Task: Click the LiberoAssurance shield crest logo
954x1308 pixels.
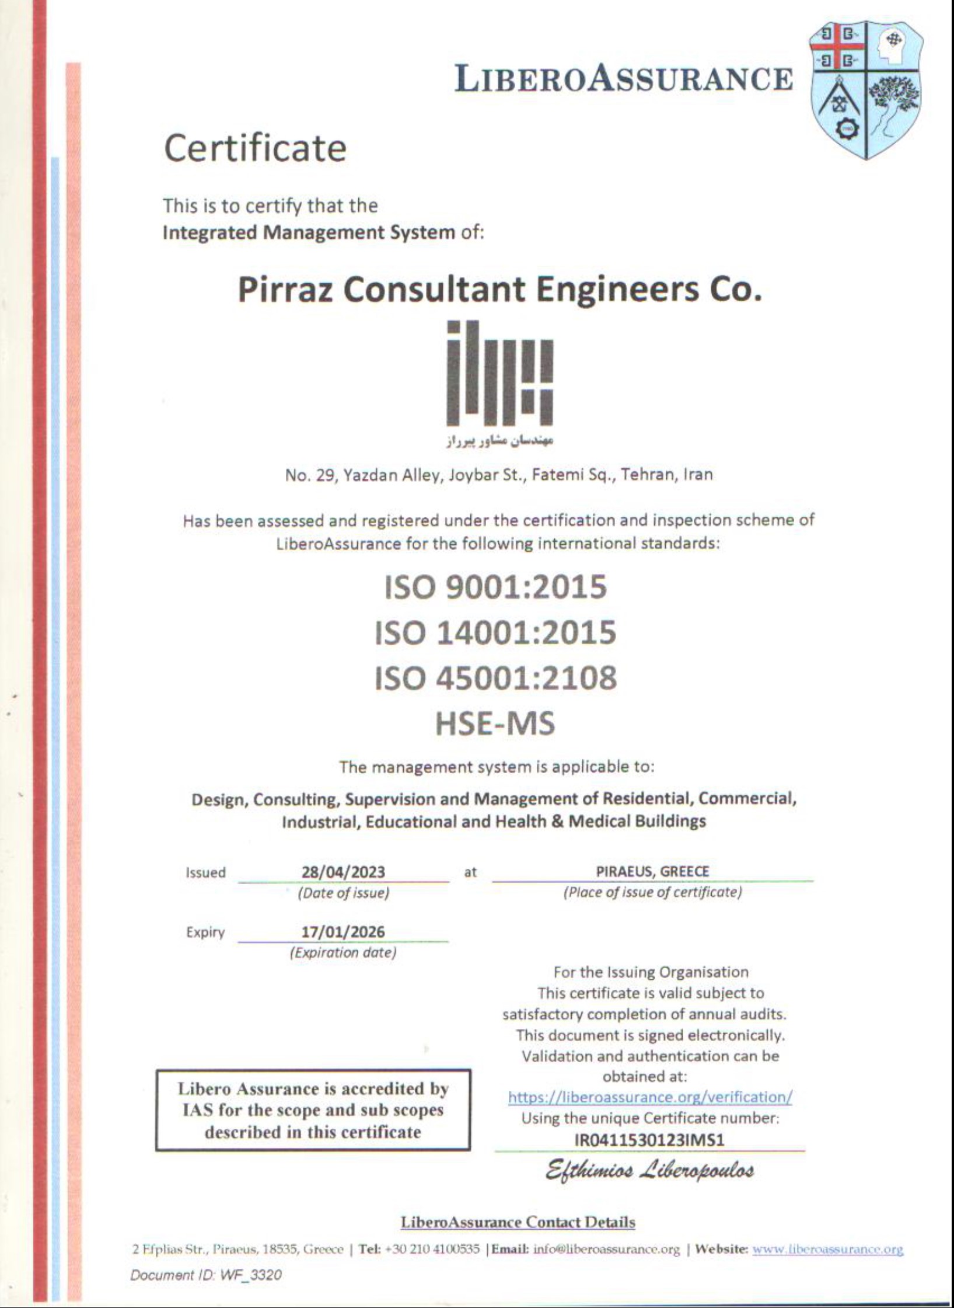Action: [x=865, y=96]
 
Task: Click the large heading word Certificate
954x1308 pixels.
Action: [x=255, y=148]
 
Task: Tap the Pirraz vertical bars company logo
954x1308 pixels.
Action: [x=499, y=373]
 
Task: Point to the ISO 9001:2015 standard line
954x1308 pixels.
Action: [x=495, y=587]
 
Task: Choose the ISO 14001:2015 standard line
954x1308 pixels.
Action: [x=495, y=632]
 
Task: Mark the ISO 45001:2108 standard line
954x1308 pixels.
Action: [x=495, y=678]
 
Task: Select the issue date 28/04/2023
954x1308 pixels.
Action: [x=343, y=872]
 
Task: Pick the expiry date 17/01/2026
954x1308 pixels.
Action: [x=343, y=931]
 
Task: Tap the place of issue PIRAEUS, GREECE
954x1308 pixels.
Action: [x=652, y=871]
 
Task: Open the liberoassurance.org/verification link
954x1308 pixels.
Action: [x=650, y=1097]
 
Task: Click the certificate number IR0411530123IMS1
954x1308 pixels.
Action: [x=649, y=1140]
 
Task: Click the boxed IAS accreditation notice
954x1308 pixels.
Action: [x=313, y=1110]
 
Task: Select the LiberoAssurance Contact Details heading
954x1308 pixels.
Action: [x=518, y=1222]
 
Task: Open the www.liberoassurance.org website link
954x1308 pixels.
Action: [x=828, y=1250]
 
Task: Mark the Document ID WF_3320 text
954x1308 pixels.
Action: [x=206, y=1275]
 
